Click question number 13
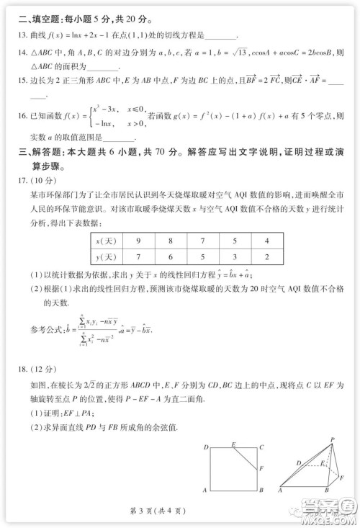[23, 35]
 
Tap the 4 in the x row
[266, 240]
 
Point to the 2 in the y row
[266, 256]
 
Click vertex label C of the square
[262, 447]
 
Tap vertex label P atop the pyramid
[332, 439]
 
